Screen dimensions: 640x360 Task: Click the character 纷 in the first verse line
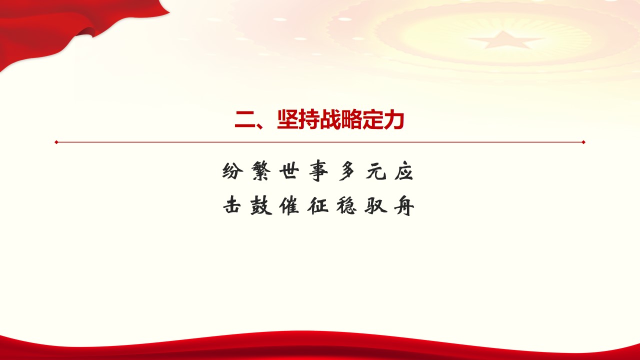232,171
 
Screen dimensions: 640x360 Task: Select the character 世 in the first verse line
289,171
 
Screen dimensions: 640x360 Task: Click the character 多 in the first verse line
347,171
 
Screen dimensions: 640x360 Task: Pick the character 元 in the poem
376,171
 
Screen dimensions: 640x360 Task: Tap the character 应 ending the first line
403,171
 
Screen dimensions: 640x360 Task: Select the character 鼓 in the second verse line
261,205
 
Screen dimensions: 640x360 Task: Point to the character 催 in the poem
289,205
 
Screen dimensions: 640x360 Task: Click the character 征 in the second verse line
318,205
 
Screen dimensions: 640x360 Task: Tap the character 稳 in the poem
346,205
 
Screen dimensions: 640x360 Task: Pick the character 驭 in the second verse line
375,205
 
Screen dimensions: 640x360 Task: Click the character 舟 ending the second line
404,205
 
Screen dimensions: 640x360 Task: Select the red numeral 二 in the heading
245,120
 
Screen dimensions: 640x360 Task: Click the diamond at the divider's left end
56,142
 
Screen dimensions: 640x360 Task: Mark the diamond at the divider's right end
583,142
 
